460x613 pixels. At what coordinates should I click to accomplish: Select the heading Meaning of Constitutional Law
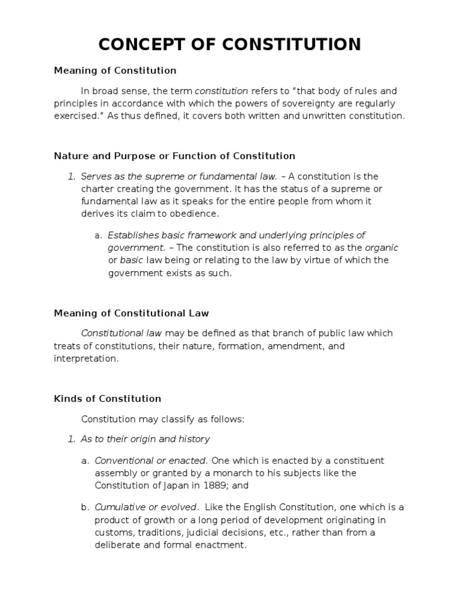pos(131,313)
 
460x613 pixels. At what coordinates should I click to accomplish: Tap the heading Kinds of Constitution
pos(107,398)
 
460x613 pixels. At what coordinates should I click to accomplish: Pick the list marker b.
pos(84,507)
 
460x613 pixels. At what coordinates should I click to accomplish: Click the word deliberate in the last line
pos(119,545)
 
